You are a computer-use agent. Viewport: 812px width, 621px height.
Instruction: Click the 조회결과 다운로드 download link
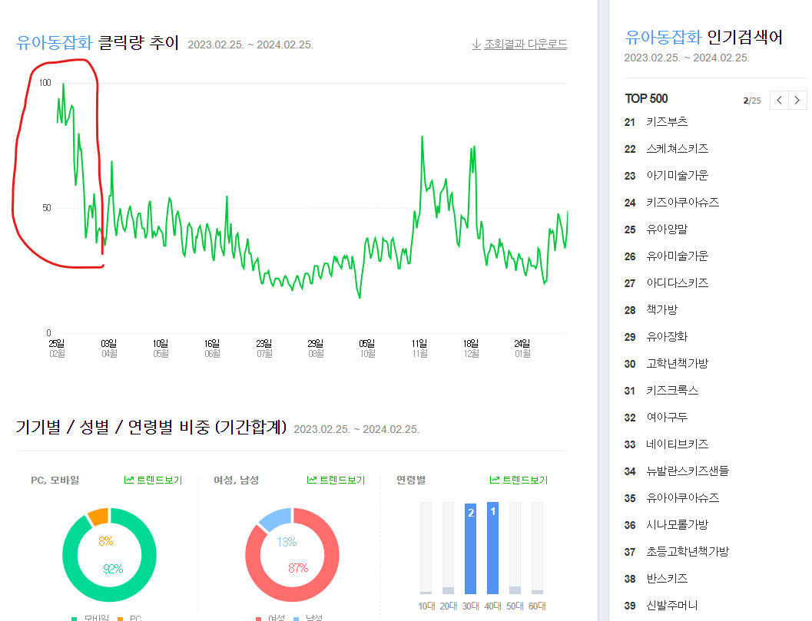coord(520,44)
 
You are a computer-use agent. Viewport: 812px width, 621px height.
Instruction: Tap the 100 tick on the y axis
coord(45,82)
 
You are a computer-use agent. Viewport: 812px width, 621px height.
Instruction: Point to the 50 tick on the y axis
coord(46,208)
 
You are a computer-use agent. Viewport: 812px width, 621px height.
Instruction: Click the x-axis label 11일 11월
coord(419,348)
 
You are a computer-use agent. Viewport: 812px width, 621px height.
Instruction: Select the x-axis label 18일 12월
coord(471,348)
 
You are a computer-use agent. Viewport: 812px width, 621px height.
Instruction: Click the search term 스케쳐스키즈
coord(677,149)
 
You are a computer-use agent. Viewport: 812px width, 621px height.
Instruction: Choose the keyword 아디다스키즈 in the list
coord(677,283)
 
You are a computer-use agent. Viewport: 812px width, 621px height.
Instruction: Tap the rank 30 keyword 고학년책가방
coord(677,364)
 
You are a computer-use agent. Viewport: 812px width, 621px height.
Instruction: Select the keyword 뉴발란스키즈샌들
coord(688,471)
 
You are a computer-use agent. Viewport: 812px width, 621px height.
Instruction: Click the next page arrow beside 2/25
coord(799,101)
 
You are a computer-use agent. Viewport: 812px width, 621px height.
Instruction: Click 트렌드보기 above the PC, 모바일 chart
coord(154,481)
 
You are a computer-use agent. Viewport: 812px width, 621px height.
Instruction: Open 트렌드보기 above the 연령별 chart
coord(519,481)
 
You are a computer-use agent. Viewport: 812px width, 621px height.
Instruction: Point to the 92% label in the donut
coord(113,569)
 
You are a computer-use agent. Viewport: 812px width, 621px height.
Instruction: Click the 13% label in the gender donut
coord(287,542)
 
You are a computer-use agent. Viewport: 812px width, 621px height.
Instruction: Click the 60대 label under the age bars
coord(538,606)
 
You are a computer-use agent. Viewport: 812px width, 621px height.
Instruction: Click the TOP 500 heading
coord(646,98)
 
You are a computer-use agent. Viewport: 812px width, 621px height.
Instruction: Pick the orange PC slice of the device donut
coord(98,516)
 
